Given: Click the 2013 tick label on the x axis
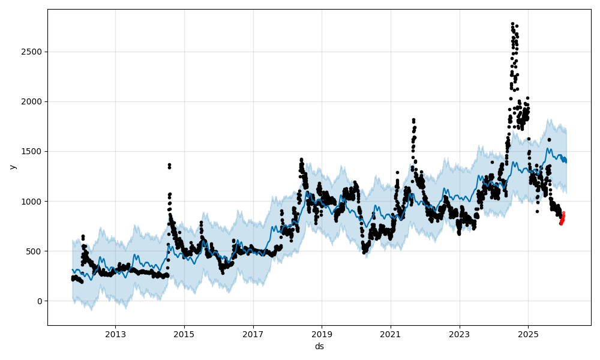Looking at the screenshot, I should [115, 333].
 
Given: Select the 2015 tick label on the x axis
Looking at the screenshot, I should [184, 333].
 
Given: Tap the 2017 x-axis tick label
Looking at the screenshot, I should [253, 333].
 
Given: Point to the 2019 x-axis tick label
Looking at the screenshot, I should [322, 333].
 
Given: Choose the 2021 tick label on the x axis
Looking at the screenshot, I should [391, 333].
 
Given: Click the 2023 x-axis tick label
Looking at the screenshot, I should [460, 333].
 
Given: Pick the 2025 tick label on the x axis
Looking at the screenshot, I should [528, 333].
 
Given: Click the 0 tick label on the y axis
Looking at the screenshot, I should [39, 301].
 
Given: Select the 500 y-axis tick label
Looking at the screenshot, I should [35, 251].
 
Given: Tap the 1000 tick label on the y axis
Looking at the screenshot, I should [32, 202].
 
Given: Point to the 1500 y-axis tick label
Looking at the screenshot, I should [32, 151].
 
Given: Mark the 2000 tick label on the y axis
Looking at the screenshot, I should [32, 101].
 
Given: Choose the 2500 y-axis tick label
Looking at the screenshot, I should [32, 52].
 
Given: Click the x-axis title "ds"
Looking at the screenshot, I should [319, 346].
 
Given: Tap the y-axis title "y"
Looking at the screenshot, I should [11, 167].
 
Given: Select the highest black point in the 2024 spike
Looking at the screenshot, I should [512, 23].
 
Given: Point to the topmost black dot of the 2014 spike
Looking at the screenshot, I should [169, 164].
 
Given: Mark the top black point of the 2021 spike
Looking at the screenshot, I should [413, 120].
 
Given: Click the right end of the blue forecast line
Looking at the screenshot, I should [566, 161].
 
